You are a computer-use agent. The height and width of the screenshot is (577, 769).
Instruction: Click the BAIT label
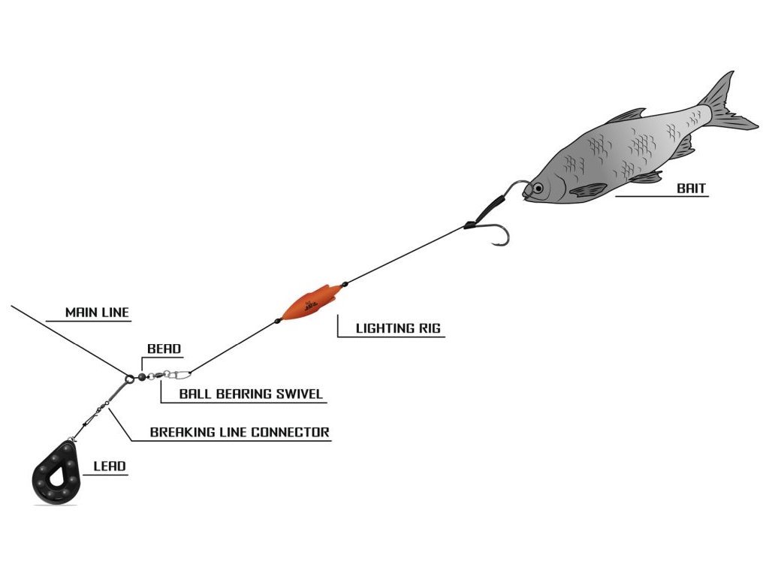(691, 188)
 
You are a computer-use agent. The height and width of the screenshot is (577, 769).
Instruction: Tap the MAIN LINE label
(97, 312)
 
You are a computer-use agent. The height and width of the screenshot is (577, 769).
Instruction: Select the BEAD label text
(164, 349)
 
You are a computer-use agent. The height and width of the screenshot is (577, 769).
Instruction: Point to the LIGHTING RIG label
(398, 328)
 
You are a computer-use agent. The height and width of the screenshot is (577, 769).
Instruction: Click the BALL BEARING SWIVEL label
(251, 394)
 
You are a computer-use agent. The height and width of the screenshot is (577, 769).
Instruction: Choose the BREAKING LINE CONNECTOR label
(240, 432)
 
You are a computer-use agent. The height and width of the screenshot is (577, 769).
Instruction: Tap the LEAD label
(110, 466)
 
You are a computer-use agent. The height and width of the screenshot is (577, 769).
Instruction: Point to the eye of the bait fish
(538, 188)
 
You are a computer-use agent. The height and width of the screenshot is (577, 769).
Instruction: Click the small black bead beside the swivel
(142, 377)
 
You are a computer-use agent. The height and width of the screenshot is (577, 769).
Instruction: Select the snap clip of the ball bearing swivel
(179, 376)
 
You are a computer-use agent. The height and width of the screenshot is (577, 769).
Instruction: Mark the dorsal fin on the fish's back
(626, 116)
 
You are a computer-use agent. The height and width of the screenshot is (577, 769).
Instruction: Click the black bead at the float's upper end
(345, 283)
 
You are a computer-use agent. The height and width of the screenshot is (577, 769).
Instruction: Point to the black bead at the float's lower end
(278, 321)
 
